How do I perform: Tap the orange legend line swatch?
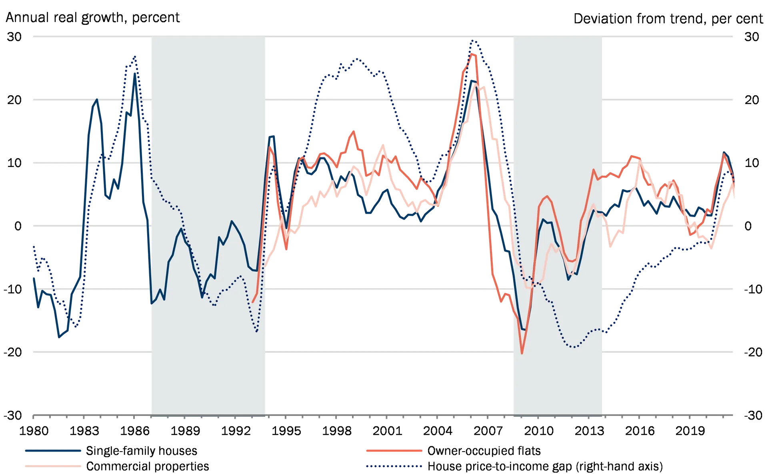(394, 451)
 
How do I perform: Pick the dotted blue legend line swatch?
(394, 466)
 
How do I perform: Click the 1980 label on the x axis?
(38, 431)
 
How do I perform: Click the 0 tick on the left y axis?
(16, 226)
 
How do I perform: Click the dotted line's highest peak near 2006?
(474, 40)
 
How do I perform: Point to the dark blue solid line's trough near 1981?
(60, 337)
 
